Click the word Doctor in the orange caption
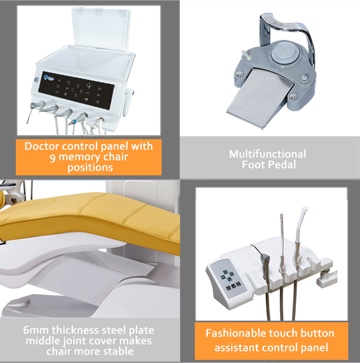[42, 146]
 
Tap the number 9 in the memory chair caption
[53, 158]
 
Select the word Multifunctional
[268, 154]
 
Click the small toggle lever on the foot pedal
[245, 55]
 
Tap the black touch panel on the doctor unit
[76, 90]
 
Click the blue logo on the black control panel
[48, 78]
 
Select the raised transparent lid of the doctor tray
[101, 29]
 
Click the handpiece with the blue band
[78, 119]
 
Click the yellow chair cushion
[93, 220]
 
